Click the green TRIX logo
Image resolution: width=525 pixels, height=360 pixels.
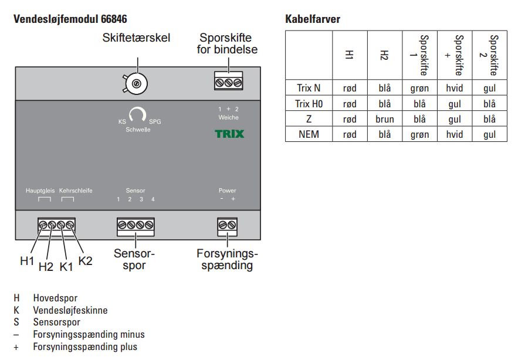tap(229, 134)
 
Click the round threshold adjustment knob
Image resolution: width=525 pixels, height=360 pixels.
tap(136, 84)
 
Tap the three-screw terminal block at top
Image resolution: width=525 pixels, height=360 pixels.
tap(229, 81)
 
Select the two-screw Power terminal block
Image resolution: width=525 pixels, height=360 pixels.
tap(228, 226)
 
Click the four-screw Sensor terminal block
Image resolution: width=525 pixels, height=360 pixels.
tap(136, 226)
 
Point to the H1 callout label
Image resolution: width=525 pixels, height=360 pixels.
tap(27, 261)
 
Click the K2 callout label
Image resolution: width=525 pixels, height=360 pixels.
tap(85, 261)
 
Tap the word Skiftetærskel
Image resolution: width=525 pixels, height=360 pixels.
tap(136, 38)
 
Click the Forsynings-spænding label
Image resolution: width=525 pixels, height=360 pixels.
tap(227, 259)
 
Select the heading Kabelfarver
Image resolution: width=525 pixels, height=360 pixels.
tap(313, 19)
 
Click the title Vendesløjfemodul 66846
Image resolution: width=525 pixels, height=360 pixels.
tap(70, 19)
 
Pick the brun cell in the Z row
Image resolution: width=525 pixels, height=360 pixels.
tap(385, 119)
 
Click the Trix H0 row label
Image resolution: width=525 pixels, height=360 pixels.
tap(309, 104)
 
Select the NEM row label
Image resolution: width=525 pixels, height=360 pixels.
tap(309, 134)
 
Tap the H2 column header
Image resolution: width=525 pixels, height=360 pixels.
tap(384, 55)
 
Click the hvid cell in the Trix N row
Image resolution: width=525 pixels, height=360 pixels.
tap(455, 88)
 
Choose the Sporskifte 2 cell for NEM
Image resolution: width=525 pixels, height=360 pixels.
tap(489, 134)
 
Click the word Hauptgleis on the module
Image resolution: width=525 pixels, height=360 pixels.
tap(40, 191)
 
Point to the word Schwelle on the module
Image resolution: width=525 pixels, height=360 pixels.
tap(138, 130)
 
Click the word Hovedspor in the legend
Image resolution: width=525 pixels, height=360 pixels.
tap(55, 298)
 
